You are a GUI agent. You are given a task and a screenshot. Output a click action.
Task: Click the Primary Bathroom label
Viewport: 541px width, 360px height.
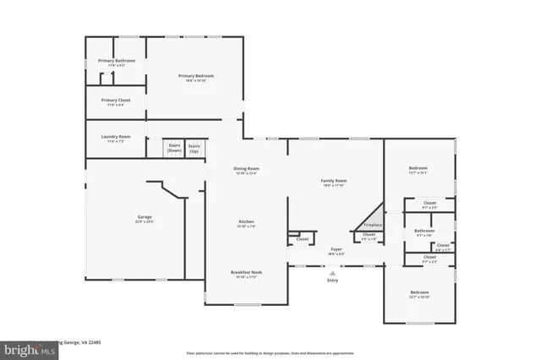[x=116, y=61]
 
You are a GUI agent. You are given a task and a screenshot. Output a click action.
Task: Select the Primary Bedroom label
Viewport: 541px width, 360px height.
[x=195, y=76]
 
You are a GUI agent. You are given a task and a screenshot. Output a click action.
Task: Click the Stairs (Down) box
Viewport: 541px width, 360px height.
[x=174, y=149]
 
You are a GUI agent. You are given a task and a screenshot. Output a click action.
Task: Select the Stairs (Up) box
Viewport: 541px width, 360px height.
[x=194, y=149]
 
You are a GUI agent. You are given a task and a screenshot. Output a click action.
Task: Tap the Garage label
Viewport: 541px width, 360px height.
[x=145, y=218]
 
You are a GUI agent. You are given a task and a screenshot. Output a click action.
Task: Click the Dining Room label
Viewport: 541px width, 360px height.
[x=246, y=169]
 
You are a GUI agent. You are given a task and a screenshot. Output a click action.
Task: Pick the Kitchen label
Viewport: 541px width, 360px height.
[x=246, y=223]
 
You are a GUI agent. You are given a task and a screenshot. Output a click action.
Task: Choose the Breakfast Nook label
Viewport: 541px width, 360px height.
[x=246, y=273]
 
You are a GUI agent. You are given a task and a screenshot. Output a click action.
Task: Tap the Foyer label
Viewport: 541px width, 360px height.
[x=336, y=249]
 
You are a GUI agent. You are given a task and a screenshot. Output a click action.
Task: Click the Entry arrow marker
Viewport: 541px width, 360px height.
[x=332, y=273]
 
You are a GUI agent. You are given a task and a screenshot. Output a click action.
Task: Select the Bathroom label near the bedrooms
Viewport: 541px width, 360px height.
[x=424, y=231]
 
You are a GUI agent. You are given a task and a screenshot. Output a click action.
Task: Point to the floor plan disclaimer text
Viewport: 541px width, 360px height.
[x=269, y=353]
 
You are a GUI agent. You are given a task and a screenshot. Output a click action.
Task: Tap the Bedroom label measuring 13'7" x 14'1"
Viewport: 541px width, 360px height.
[x=418, y=169]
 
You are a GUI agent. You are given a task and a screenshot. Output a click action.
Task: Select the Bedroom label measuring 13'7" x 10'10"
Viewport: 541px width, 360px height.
[x=418, y=294]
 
